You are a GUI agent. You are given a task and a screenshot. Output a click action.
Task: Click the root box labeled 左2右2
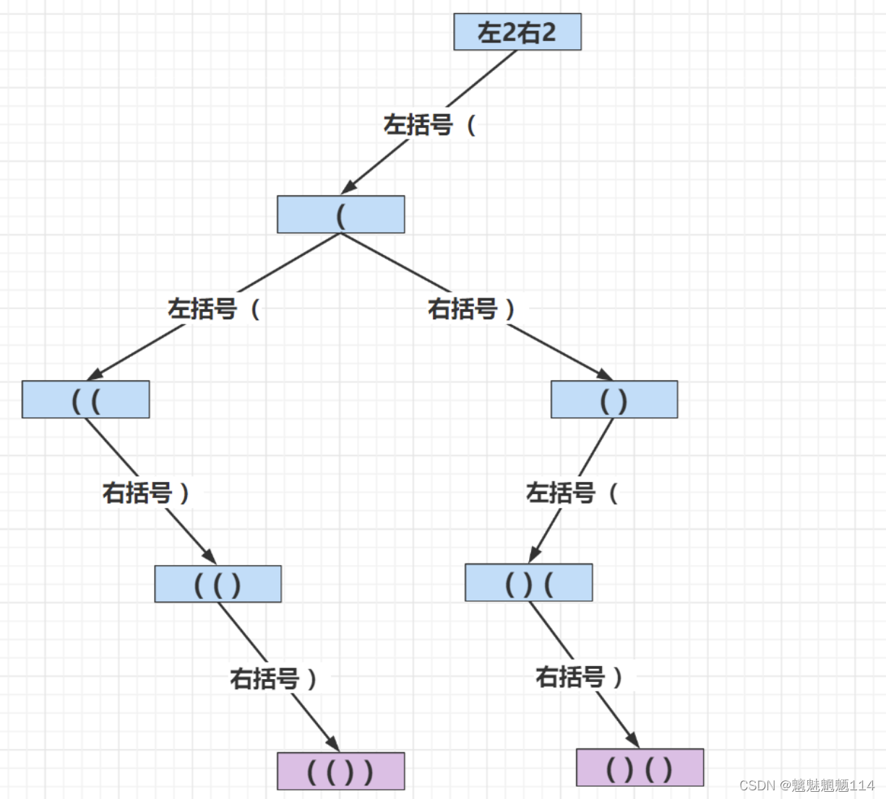tap(517, 32)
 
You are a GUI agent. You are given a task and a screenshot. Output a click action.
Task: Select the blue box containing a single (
tap(340, 215)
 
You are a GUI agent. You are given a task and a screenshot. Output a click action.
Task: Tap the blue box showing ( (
tap(85, 399)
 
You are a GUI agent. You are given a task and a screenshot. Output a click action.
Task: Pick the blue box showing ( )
tap(614, 399)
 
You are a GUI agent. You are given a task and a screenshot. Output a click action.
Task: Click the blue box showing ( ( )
tap(218, 584)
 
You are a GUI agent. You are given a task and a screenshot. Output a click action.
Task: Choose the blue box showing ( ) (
tap(528, 583)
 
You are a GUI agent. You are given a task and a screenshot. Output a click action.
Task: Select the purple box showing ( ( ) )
tap(340, 771)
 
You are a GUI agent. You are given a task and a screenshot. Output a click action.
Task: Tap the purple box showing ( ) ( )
tap(640, 767)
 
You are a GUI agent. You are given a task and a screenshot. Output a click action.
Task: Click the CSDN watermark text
tap(807, 785)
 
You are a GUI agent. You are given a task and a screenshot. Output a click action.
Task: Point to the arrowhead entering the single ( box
tap(348, 188)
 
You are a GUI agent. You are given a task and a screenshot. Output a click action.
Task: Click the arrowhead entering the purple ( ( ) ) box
tap(334, 744)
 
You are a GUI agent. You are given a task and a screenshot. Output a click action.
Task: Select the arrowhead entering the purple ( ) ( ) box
tap(633, 740)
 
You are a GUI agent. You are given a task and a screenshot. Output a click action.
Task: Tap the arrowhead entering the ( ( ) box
tap(210, 557)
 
